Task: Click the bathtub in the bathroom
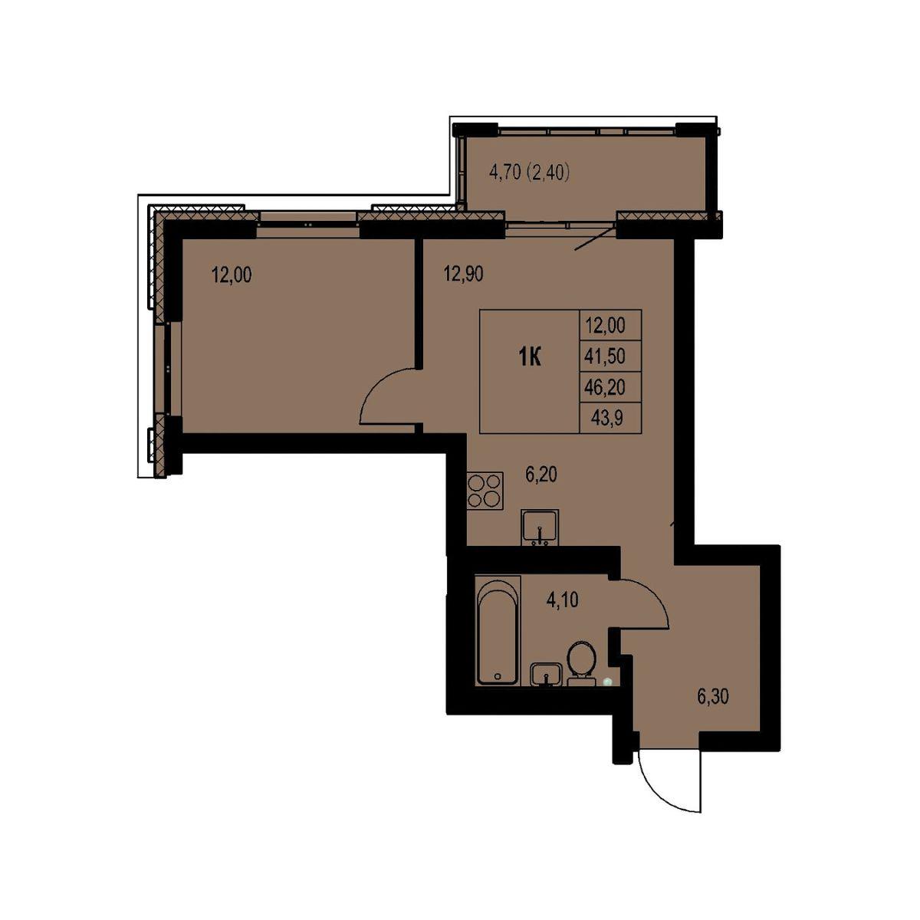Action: coord(498,629)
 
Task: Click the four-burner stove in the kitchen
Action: coord(485,489)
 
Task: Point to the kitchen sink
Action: coord(540,527)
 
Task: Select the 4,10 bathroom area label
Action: coord(562,600)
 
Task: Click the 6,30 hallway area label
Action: coord(713,698)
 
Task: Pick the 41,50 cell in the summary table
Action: coord(605,356)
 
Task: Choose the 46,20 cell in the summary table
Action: coord(605,386)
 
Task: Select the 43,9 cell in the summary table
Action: coord(606,419)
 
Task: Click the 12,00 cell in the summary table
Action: coord(605,325)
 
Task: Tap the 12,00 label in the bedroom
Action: coord(231,275)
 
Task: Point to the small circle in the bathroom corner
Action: coord(606,682)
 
